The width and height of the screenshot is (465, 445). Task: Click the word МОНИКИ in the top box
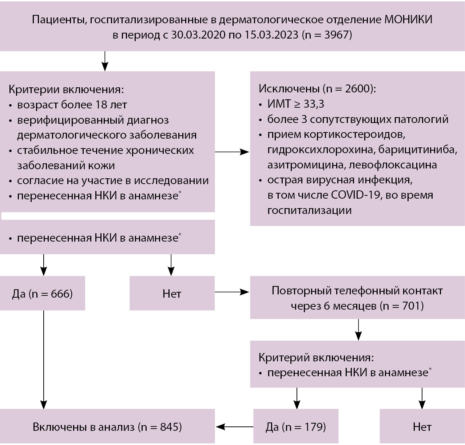[408, 19]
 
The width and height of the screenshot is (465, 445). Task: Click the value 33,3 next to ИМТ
[314, 104]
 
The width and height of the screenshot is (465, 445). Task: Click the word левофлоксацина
[393, 165]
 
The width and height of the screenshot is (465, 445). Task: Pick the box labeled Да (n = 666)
[43, 293]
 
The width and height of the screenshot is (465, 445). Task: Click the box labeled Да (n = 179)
[296, 426]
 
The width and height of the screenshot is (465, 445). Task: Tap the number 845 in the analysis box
[171, 426]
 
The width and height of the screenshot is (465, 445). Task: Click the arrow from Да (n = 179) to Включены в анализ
[235, 426]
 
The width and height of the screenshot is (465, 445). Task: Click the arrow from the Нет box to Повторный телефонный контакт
[232, 292]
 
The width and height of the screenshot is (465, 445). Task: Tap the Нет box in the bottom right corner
[422, 426]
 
